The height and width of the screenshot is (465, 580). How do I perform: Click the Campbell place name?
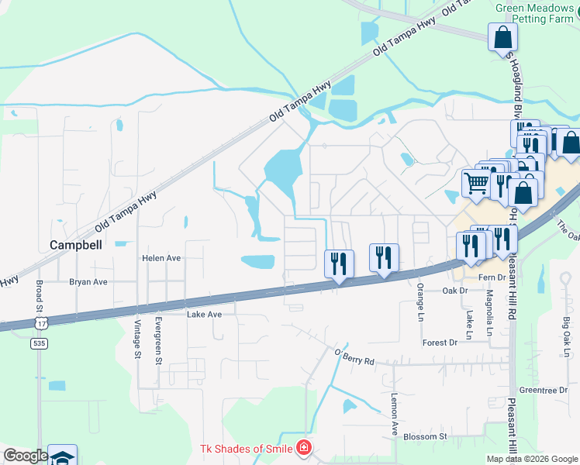coord(76,244)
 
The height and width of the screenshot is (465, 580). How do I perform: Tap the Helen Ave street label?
coord(161,258)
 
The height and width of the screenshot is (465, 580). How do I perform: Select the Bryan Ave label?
coord(88,283)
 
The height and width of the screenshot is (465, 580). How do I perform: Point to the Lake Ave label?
coord(204,315)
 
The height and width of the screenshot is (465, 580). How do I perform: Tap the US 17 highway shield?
coord(39,320)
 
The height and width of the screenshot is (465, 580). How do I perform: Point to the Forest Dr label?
coord(440,343)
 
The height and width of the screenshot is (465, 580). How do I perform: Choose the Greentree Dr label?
coord(544,391)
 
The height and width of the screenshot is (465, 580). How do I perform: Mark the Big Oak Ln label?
coord(566,330)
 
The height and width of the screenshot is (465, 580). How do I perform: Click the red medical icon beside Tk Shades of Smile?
coord(304,449)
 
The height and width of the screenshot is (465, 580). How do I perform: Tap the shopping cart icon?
coord(476,183)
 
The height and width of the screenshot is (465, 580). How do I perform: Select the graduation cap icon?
coord(62,457)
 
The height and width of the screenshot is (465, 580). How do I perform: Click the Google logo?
coord(26,456)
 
